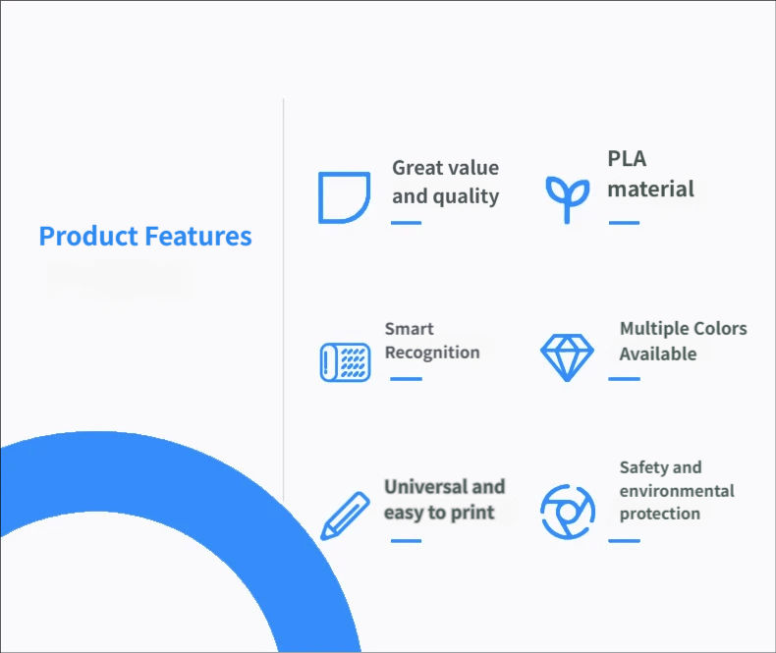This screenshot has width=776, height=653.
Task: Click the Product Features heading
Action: point(145,236)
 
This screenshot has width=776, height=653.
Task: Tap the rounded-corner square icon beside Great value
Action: point(320,198)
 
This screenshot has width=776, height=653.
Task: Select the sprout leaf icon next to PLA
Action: point(567,199)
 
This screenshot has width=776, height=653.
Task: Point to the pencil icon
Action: point(345,516)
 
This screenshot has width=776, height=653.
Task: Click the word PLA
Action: point(627,159)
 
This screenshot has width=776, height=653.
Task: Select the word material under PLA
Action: point(651,190)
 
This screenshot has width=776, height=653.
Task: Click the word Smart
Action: point(410,329)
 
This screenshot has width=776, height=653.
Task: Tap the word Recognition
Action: point(432,353)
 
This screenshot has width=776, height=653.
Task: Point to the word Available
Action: point(658,354)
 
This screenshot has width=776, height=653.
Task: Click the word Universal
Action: point(425,487)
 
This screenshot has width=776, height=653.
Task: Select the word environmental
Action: point(677,491)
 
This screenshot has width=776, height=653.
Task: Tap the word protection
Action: point(660,514)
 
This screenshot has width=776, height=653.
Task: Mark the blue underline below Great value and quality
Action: point(406,223)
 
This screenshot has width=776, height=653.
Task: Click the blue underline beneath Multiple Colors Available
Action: point(624,379)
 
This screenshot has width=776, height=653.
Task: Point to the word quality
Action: point(466,197)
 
